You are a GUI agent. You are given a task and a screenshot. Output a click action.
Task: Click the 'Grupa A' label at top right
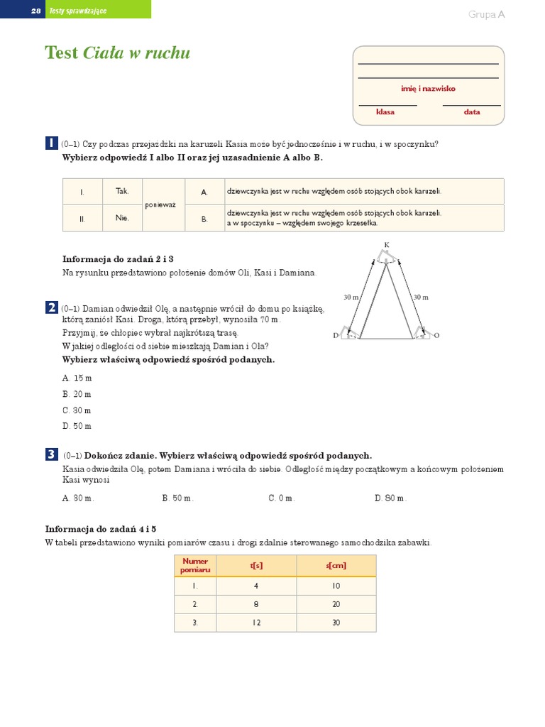coord(486,14)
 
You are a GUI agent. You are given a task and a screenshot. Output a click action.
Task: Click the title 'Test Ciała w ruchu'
coord(117,53)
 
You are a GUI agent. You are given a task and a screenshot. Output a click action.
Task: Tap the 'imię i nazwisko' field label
coord(428,89)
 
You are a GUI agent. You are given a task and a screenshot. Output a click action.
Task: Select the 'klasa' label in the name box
coord(385,111)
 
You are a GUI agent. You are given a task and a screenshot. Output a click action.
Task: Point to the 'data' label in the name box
coord(472,111)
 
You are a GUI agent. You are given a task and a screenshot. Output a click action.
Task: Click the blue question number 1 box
coord(51,143)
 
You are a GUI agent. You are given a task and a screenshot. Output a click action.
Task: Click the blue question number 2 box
coord(51,307)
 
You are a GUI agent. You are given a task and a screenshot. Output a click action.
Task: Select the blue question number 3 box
coord(51,454)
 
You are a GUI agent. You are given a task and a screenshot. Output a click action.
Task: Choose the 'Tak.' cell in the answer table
coord(122,191)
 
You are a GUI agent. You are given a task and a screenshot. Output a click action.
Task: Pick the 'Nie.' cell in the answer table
coord(122,219)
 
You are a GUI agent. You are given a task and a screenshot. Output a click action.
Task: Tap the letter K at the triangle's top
coord(387,245)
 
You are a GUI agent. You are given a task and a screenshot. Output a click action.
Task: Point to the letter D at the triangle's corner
coord(336,336)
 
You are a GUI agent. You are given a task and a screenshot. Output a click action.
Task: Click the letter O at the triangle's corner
coord(436,335)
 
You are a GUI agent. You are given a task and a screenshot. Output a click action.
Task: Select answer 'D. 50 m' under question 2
coord(77,426)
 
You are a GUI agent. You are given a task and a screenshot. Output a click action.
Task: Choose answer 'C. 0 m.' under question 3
coord(281,498)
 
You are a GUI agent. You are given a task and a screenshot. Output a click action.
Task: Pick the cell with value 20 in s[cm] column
coord(336,604)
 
